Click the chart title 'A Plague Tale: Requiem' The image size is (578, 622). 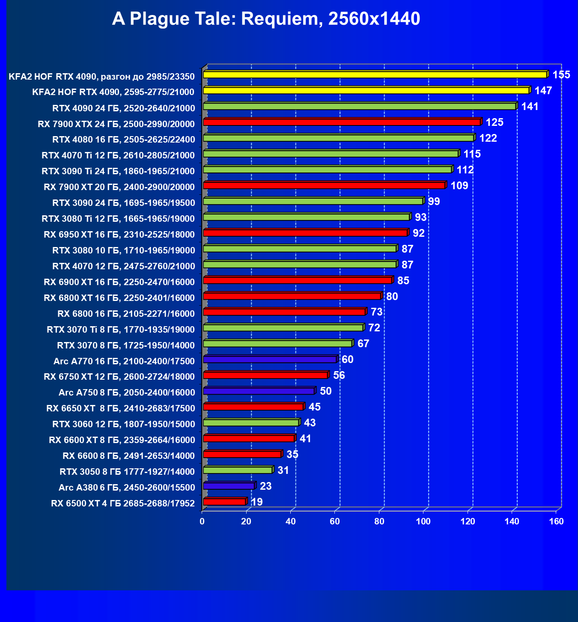point(266,19)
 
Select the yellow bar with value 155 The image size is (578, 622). point(375,75)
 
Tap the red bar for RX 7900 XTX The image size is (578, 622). point(342,122)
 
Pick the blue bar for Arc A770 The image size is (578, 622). point(270,359)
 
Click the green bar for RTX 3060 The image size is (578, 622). point(251,423)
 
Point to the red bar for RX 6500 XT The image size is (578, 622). point(224,502)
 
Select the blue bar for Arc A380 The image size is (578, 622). point(229,486)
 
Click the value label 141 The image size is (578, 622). point(530,107)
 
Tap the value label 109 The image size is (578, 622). point(459,186)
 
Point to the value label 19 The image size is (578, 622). point(257,502)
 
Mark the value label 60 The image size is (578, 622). point(348,360)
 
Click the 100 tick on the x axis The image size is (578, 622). point(423,521)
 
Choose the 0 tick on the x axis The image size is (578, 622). point(202,521)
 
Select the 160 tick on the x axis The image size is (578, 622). point(556,521)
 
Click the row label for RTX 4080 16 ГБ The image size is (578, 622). point(123,140)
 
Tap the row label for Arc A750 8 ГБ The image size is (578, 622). point(127,393)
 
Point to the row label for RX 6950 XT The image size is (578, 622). point(119,235)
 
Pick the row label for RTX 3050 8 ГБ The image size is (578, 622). point(127,472)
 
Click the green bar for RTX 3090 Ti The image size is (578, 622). point(327,170)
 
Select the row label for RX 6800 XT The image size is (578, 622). point(119,298)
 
